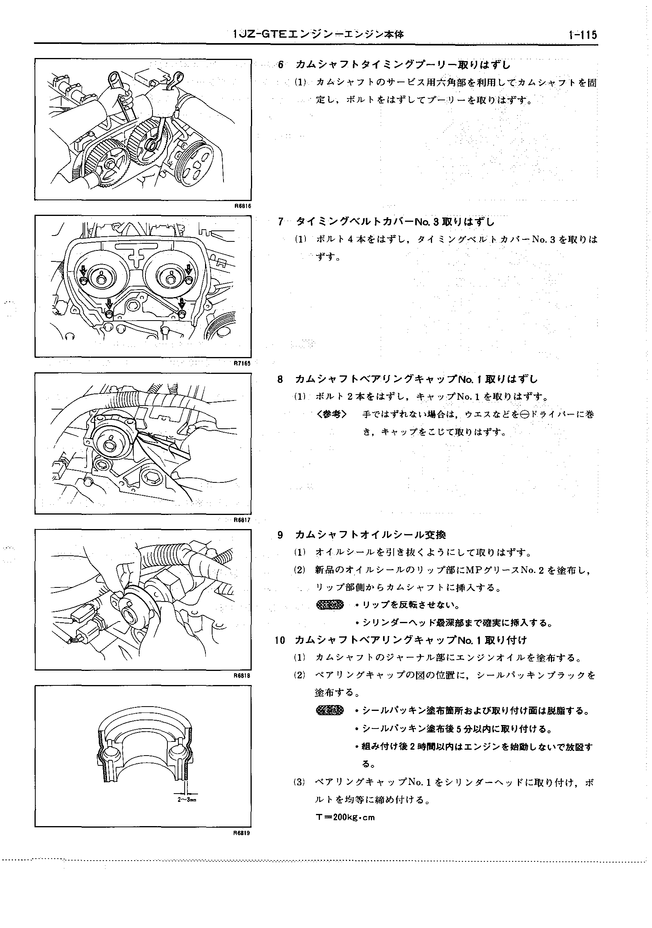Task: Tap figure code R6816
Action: [x=243, y=206]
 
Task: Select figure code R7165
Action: [x=243, y=363]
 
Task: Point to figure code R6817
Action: [x=243, y=520]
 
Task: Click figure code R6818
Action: [x=243, y=675]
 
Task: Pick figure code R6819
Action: [x=243, y=833]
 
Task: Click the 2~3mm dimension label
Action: [x=187, y=800]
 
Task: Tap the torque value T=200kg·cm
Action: [x=345, y=817]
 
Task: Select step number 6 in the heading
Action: [x=281, y=65]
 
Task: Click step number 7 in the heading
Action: [x=281, y=221]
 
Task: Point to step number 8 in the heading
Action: [x=280, y=379]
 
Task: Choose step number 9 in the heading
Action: [x=280, y=535]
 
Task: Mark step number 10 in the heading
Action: [x=280, y=640]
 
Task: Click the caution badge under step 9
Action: [x=330, y=605]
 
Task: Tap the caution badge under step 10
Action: [x=330, y=710]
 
